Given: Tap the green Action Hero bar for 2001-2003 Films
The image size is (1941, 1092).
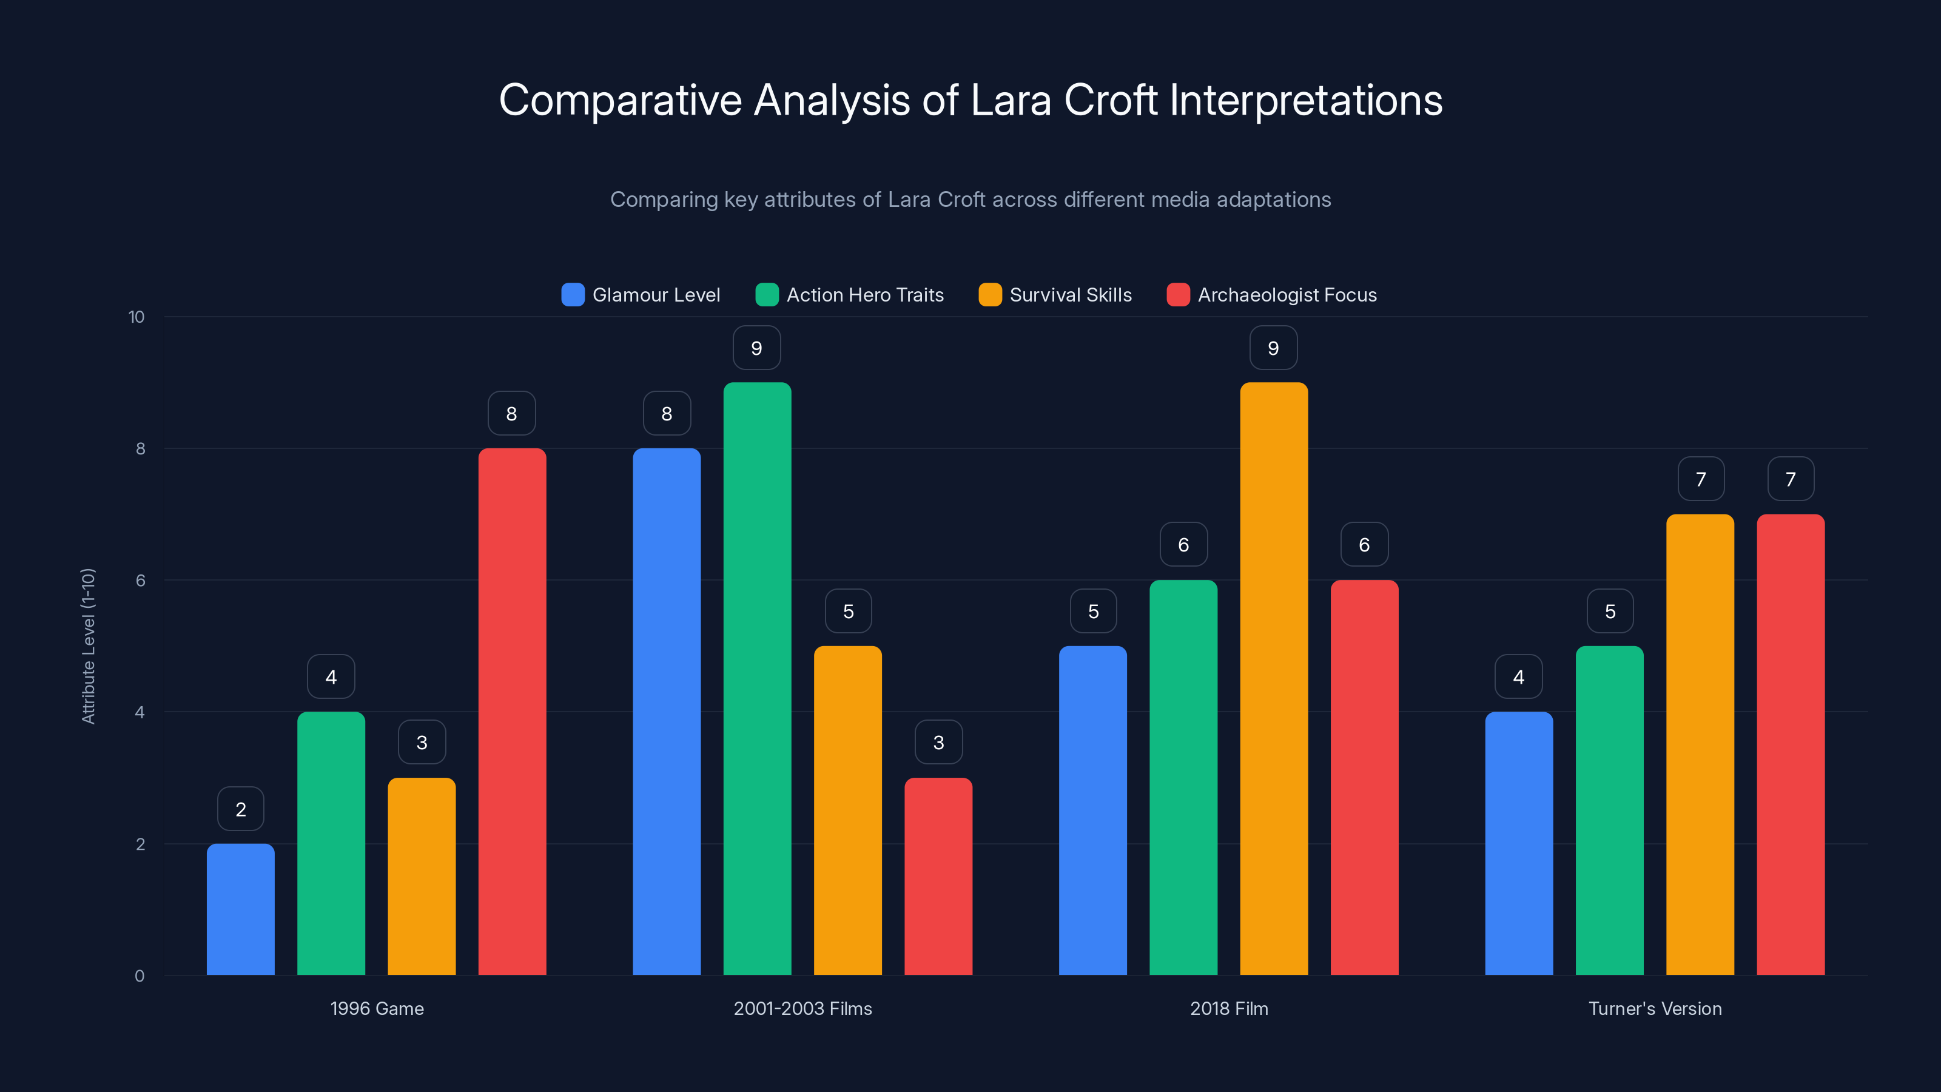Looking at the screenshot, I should (x=756, y=678).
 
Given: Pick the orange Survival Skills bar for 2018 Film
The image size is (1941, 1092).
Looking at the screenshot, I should (x=1273, y=678).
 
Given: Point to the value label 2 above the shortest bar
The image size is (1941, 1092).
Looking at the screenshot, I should (x=240, y=809).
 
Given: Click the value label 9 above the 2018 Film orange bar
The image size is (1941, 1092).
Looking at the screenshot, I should (x=1273, y=348).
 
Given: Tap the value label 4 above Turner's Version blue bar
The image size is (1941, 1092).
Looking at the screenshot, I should (x=1518, y=677).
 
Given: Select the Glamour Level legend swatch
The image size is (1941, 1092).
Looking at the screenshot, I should (x=573, y=295).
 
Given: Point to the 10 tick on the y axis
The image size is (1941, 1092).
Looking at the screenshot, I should (x=136, y=317).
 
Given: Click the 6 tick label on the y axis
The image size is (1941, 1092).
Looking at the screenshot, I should (x=140, y=581).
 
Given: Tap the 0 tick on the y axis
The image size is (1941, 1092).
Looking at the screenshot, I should (x=140, y=976).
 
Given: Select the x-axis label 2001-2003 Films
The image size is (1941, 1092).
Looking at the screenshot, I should (x=802, y=1008).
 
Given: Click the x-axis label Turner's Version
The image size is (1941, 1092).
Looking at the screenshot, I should (x=1655, y=1008).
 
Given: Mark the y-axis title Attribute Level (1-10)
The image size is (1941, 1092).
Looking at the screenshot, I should (x=88, y=646).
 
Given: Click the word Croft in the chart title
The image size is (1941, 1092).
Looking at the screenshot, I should (x=1110, y=99).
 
